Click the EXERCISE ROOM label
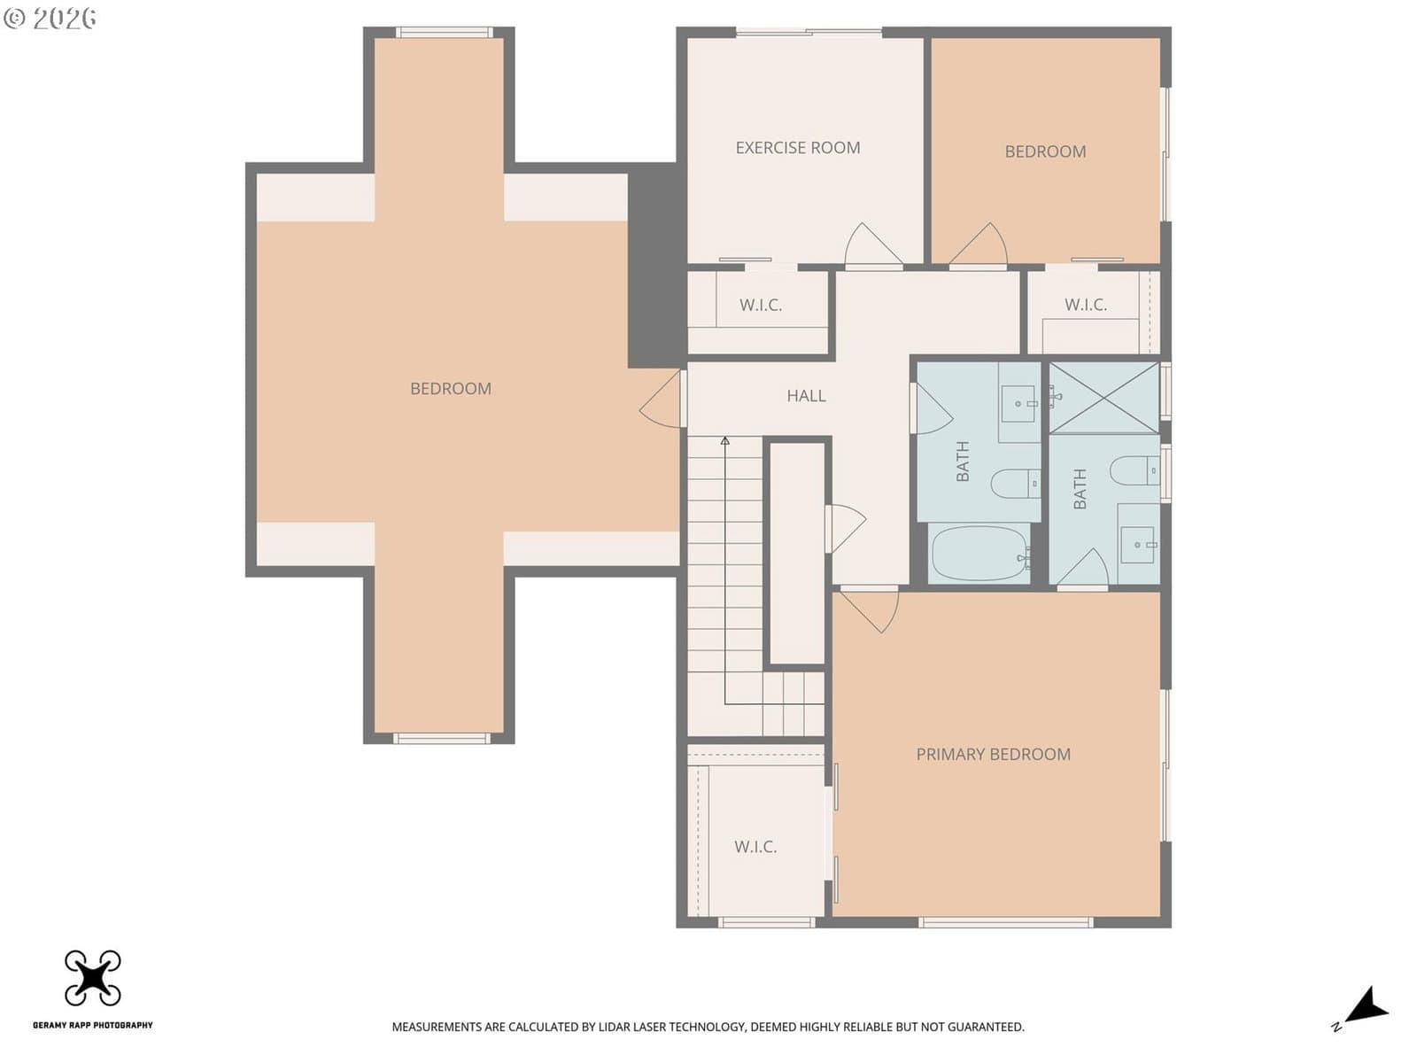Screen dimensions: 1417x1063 pyautogui.click(x=798, y=148)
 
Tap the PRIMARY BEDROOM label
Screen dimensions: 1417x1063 pyautogui.click(x=994, y=754)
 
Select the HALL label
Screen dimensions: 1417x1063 pyautogui.click(x=806, y=396)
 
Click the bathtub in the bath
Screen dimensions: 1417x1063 pyautogui.click(x=980, y=553)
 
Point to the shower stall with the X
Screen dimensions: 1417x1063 pyautogui.click(x=1103, y=397)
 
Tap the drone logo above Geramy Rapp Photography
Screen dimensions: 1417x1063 pyautogui.click(x=93, y=978)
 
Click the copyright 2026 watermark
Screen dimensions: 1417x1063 pyautogui.click(x=50, y=19)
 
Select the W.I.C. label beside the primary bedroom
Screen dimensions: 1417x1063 pyautogui.click(x=755, y=846)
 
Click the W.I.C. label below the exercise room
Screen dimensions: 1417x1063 pyautogui.click(x=761, y=305)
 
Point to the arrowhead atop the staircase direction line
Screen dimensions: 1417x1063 pyautogui.click(x=725, y=441)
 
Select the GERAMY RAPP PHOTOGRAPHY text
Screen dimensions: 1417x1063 pyautogui.click(x=93, y=1025)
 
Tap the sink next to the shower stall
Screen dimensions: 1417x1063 pyautogui.click(x=1020, y=404)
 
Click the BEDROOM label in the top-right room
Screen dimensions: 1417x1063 pyautogui.click(x=1045, y=151)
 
